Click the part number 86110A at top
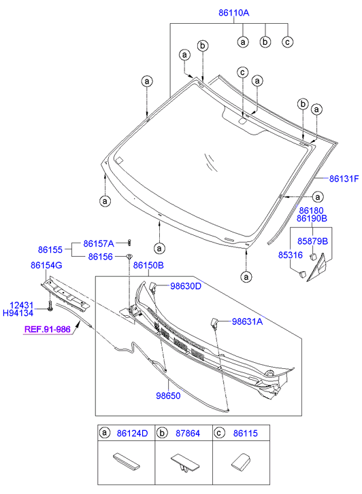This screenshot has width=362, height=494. [234, 13]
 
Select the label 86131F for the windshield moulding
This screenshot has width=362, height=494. [344, 179]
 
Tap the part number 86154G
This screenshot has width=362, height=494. [46, 265]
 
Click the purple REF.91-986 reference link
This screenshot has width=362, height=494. [48, 330]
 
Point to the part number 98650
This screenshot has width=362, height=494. [168, 395]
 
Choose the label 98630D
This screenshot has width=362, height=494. [186, 286]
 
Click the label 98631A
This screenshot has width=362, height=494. [248, 321]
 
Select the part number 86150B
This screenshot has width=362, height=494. [148, 265]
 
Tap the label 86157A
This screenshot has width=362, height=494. [99, 243]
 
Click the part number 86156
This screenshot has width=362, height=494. [100, 257]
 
